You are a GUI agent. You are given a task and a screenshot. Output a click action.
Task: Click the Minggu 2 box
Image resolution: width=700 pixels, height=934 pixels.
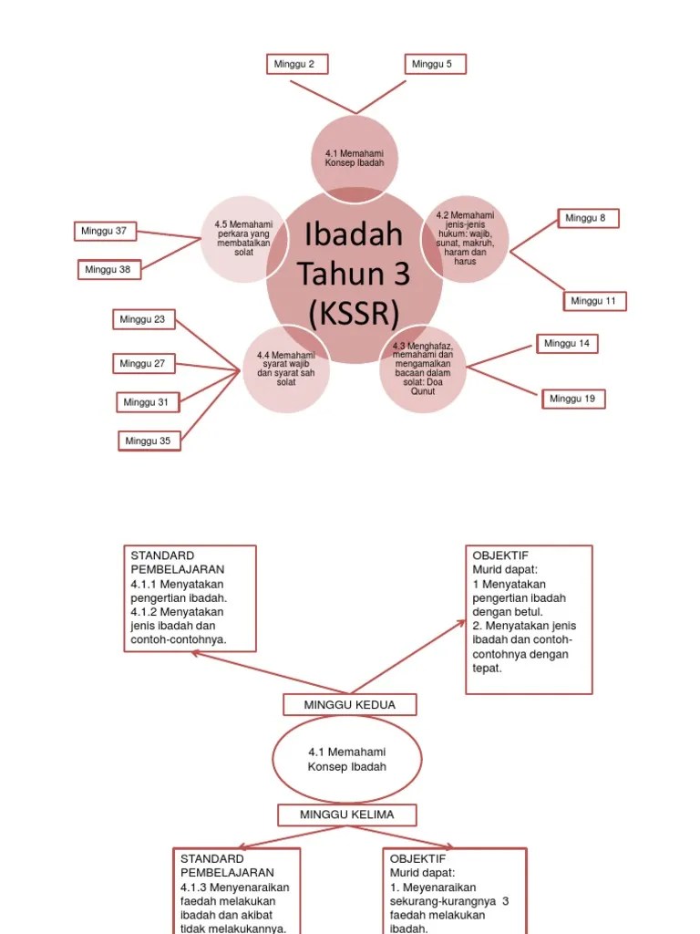297,64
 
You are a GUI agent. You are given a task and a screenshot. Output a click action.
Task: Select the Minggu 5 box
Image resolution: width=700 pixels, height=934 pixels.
435,64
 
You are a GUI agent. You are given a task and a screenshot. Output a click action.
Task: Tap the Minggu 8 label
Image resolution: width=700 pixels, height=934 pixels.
588,218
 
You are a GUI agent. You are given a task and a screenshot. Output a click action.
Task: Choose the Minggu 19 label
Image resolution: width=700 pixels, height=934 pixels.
573,399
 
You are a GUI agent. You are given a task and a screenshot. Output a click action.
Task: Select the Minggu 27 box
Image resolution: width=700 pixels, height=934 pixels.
145,363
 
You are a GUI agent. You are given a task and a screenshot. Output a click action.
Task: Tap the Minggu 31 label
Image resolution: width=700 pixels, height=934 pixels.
148,401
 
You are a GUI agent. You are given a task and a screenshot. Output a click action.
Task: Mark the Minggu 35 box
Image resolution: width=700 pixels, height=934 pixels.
149,441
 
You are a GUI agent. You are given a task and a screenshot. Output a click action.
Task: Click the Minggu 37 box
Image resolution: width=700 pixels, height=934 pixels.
105,231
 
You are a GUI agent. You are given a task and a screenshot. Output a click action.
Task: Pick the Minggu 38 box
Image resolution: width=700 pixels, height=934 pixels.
109,269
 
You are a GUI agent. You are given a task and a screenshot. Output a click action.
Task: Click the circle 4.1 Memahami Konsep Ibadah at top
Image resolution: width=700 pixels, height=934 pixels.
355,157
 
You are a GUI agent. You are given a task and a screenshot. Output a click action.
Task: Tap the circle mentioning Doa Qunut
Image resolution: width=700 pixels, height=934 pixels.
423,368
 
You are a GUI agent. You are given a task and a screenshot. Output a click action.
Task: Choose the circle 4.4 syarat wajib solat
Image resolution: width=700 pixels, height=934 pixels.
286,368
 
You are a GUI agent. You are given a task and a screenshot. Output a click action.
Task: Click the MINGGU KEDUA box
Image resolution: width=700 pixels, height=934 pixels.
350,705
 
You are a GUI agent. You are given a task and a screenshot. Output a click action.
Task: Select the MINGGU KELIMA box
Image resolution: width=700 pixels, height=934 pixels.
347,815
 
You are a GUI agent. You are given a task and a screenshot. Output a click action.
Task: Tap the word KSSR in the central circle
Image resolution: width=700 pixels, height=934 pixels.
355,314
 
